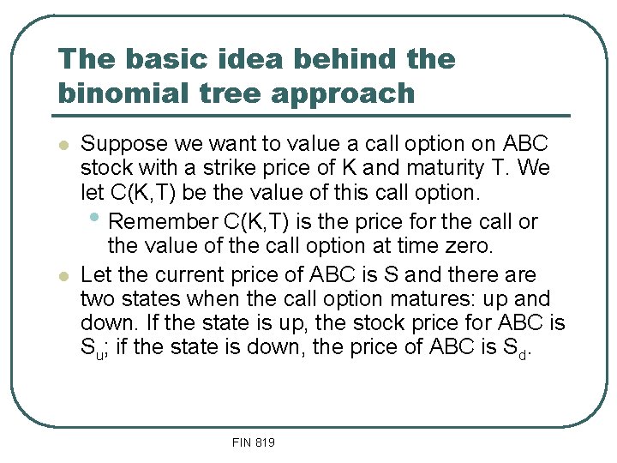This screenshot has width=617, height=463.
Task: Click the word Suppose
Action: click(119, 144)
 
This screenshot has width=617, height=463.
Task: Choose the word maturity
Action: click(450, 167)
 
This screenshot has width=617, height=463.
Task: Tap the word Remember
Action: click(164, 222)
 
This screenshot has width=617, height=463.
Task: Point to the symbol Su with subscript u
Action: click(90, 350)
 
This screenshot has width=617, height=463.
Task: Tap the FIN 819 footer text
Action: click(253, 442)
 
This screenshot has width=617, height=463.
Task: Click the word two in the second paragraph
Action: click(96, 299)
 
